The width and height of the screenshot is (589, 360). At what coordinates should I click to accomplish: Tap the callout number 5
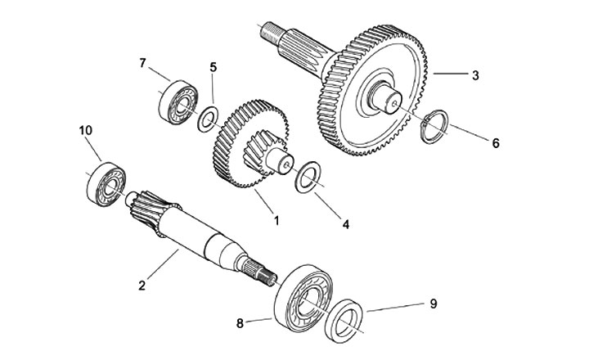(x=214, y=68)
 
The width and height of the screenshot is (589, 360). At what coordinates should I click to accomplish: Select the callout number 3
(x=474, y=74)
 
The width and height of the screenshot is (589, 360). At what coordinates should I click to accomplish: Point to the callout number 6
(x=494, y=142)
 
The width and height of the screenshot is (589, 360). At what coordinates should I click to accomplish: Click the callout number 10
(x=86, y=130)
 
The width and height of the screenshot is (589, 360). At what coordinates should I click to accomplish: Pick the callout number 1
(x=276, y=220)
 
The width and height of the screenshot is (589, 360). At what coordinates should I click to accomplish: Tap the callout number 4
(x=346, y=223)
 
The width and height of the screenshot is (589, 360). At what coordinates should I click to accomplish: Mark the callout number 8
(x=240, y=323)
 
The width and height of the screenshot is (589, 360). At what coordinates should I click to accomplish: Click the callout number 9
(x=434, y=304)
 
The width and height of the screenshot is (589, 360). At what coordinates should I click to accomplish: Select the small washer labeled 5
(x=208, y=122)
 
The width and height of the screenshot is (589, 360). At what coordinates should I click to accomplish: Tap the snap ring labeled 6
(x=433, y=129)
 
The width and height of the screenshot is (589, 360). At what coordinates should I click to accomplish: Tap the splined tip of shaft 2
(x=263, y=273)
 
